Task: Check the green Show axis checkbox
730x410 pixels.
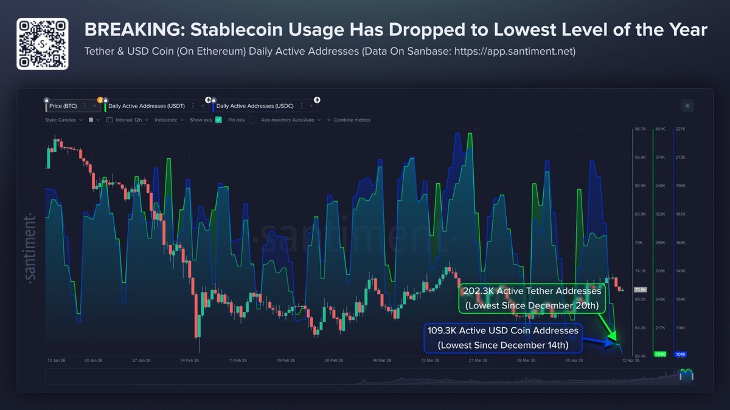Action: pyautogui.click(x=218, y=120)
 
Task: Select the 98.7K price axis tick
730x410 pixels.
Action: pyautogui.click(x=640, y=129)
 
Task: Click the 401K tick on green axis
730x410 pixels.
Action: pyautogui.click(x=660, y=129)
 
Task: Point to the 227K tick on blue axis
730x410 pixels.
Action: pyautogui.click(x=681, y=129)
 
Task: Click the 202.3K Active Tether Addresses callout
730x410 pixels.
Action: pyautogui.click(x=531, y=298)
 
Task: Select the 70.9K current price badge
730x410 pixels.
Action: pyautogui.click(x=640, y=290)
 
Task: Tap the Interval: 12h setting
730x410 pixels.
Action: pyautogui.click(x=128, y=120)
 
